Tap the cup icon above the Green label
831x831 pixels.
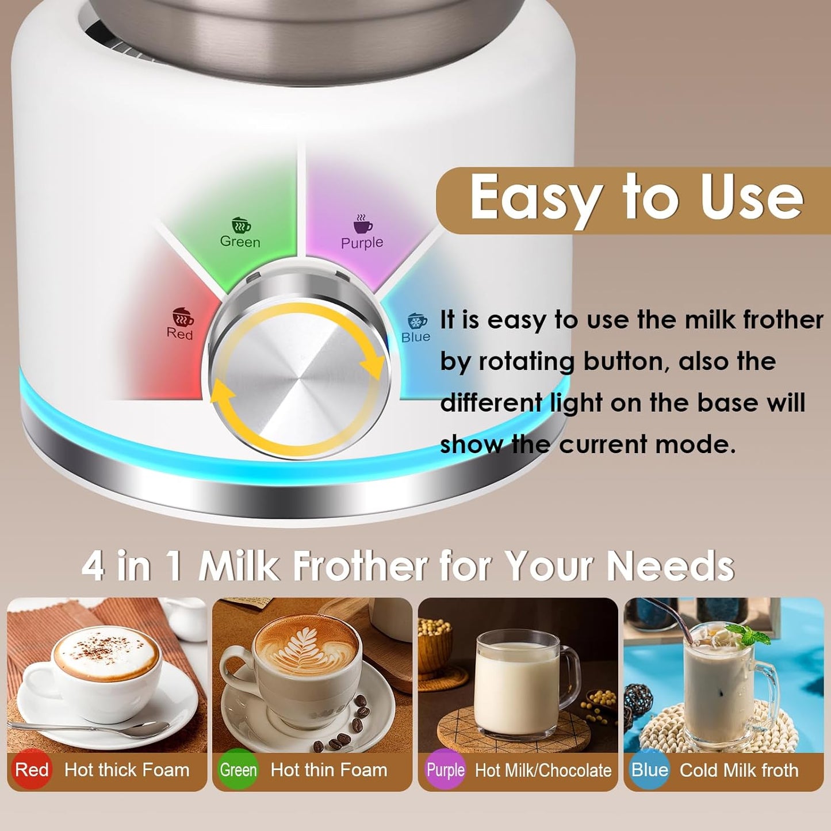[241, 224]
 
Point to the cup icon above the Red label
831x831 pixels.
[182, 316]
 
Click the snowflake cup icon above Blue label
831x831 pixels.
[416, 320]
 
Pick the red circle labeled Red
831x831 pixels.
[31, 769]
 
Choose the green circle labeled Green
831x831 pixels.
[238, 769]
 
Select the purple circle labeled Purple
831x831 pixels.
[445, 769]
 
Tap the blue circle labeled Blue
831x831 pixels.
[649, 769]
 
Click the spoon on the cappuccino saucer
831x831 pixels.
[86, 728]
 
